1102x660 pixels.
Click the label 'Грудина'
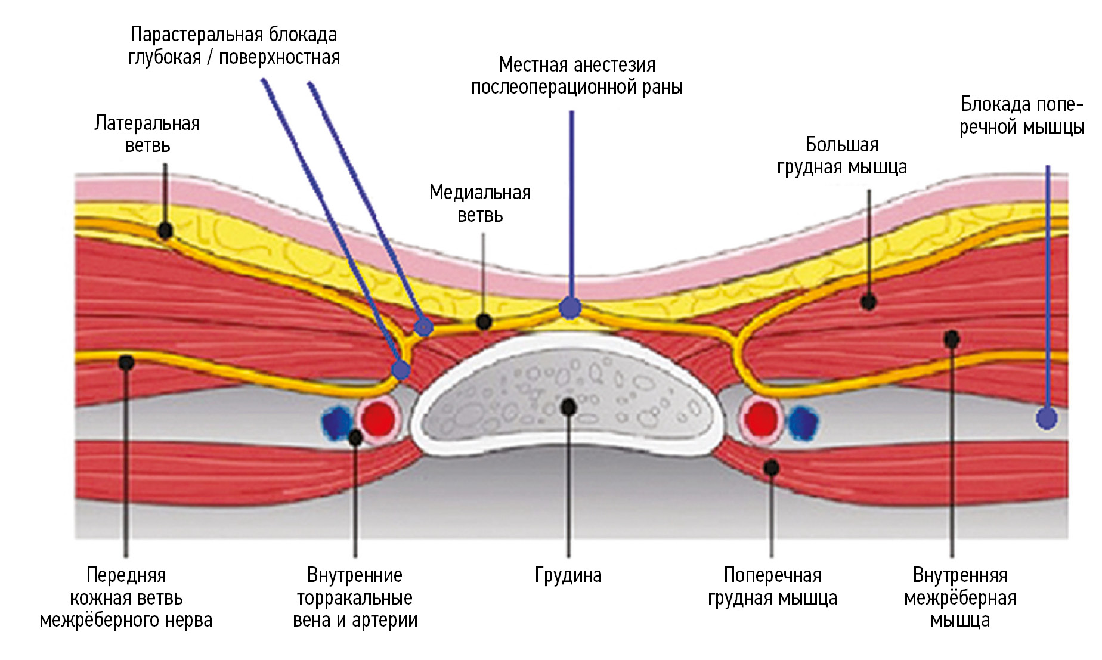568,575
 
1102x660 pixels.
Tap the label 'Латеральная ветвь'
147,134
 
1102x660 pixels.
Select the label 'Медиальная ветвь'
480,203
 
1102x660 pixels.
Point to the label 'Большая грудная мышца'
841,156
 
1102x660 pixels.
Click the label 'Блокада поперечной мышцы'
1021,116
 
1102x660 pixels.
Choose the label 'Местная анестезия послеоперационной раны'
577,76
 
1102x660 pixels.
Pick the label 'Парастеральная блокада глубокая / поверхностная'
234,46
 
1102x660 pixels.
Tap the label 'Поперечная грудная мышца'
772,587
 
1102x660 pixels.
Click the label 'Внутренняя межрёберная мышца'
959,598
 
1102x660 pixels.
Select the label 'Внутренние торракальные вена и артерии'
355,598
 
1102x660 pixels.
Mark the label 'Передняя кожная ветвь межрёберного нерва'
126,598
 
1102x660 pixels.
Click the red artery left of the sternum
379,419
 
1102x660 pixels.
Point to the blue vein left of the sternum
337,421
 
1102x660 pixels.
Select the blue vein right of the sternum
803,422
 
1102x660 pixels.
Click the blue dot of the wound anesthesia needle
570,308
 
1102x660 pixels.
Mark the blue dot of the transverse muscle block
1047,418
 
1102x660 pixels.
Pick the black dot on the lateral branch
165,230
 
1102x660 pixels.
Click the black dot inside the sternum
569,407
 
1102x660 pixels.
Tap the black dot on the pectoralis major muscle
869,302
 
